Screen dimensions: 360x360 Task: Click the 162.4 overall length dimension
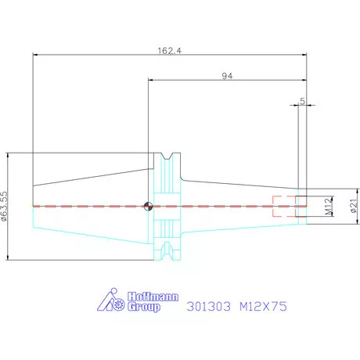pos(170,50)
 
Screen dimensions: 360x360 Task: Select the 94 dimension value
pos(227,76)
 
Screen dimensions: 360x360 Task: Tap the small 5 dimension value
pos(302,101)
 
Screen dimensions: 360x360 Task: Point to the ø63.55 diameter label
pos(5,207)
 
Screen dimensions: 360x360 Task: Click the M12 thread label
pos(329,206)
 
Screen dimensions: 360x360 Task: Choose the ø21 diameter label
pos(354,206)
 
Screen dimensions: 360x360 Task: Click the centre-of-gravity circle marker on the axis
pos(148,207)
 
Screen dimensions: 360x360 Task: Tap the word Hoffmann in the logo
pos(153,297)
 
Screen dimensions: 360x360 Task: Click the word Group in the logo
pos(144,307)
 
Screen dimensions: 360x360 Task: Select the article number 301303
pos(209,306)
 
